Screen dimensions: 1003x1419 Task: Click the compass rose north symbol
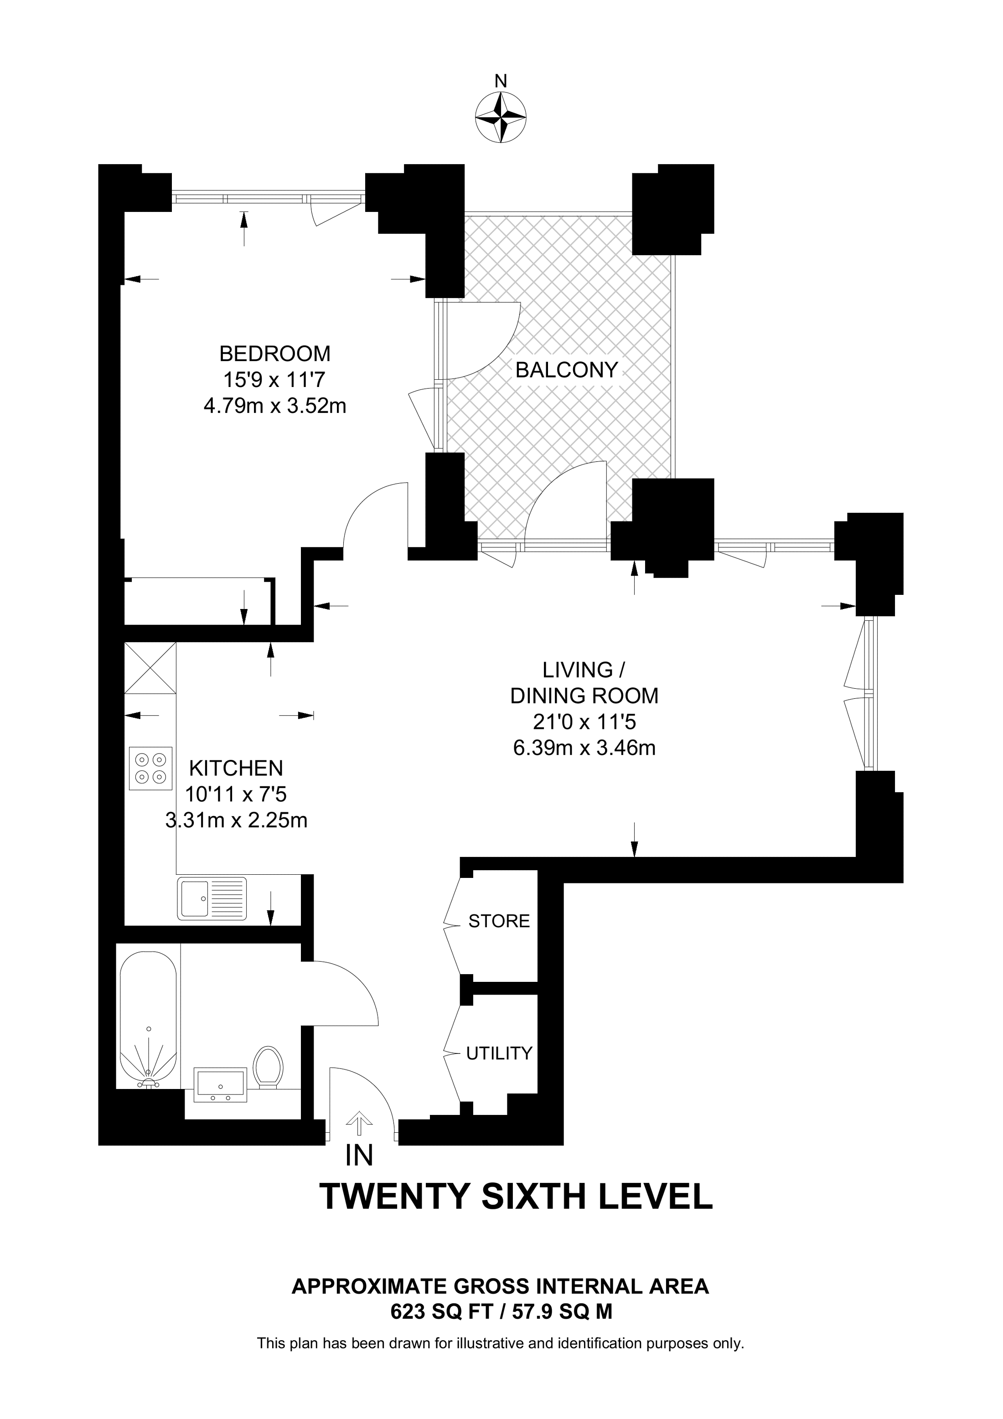pyautogui.click(x=501, y=118)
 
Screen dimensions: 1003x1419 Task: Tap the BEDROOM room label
pyautogui.click(x=275, y=354)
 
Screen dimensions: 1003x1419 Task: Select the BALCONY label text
pyautogui.click(x=567, y=370)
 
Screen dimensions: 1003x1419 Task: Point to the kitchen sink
pyautogui.click(x=212, y=898)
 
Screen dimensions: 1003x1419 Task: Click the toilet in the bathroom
pyautogui.click(x=268, y=1065)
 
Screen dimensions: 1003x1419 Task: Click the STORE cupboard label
pyautogui.click(x=499, y=922)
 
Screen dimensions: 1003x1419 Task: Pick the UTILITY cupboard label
pyautogui.click(x=499, y=1053)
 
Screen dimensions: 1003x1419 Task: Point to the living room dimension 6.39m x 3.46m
pyautogui.click(x=584, y=748)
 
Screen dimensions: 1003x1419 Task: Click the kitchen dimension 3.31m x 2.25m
pyautogui.click(x=236, y=820)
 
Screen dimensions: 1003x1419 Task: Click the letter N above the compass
pyautogui.click(x=501, y=81)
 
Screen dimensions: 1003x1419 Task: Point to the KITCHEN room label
pyautogui.click(x=236, y=768)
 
